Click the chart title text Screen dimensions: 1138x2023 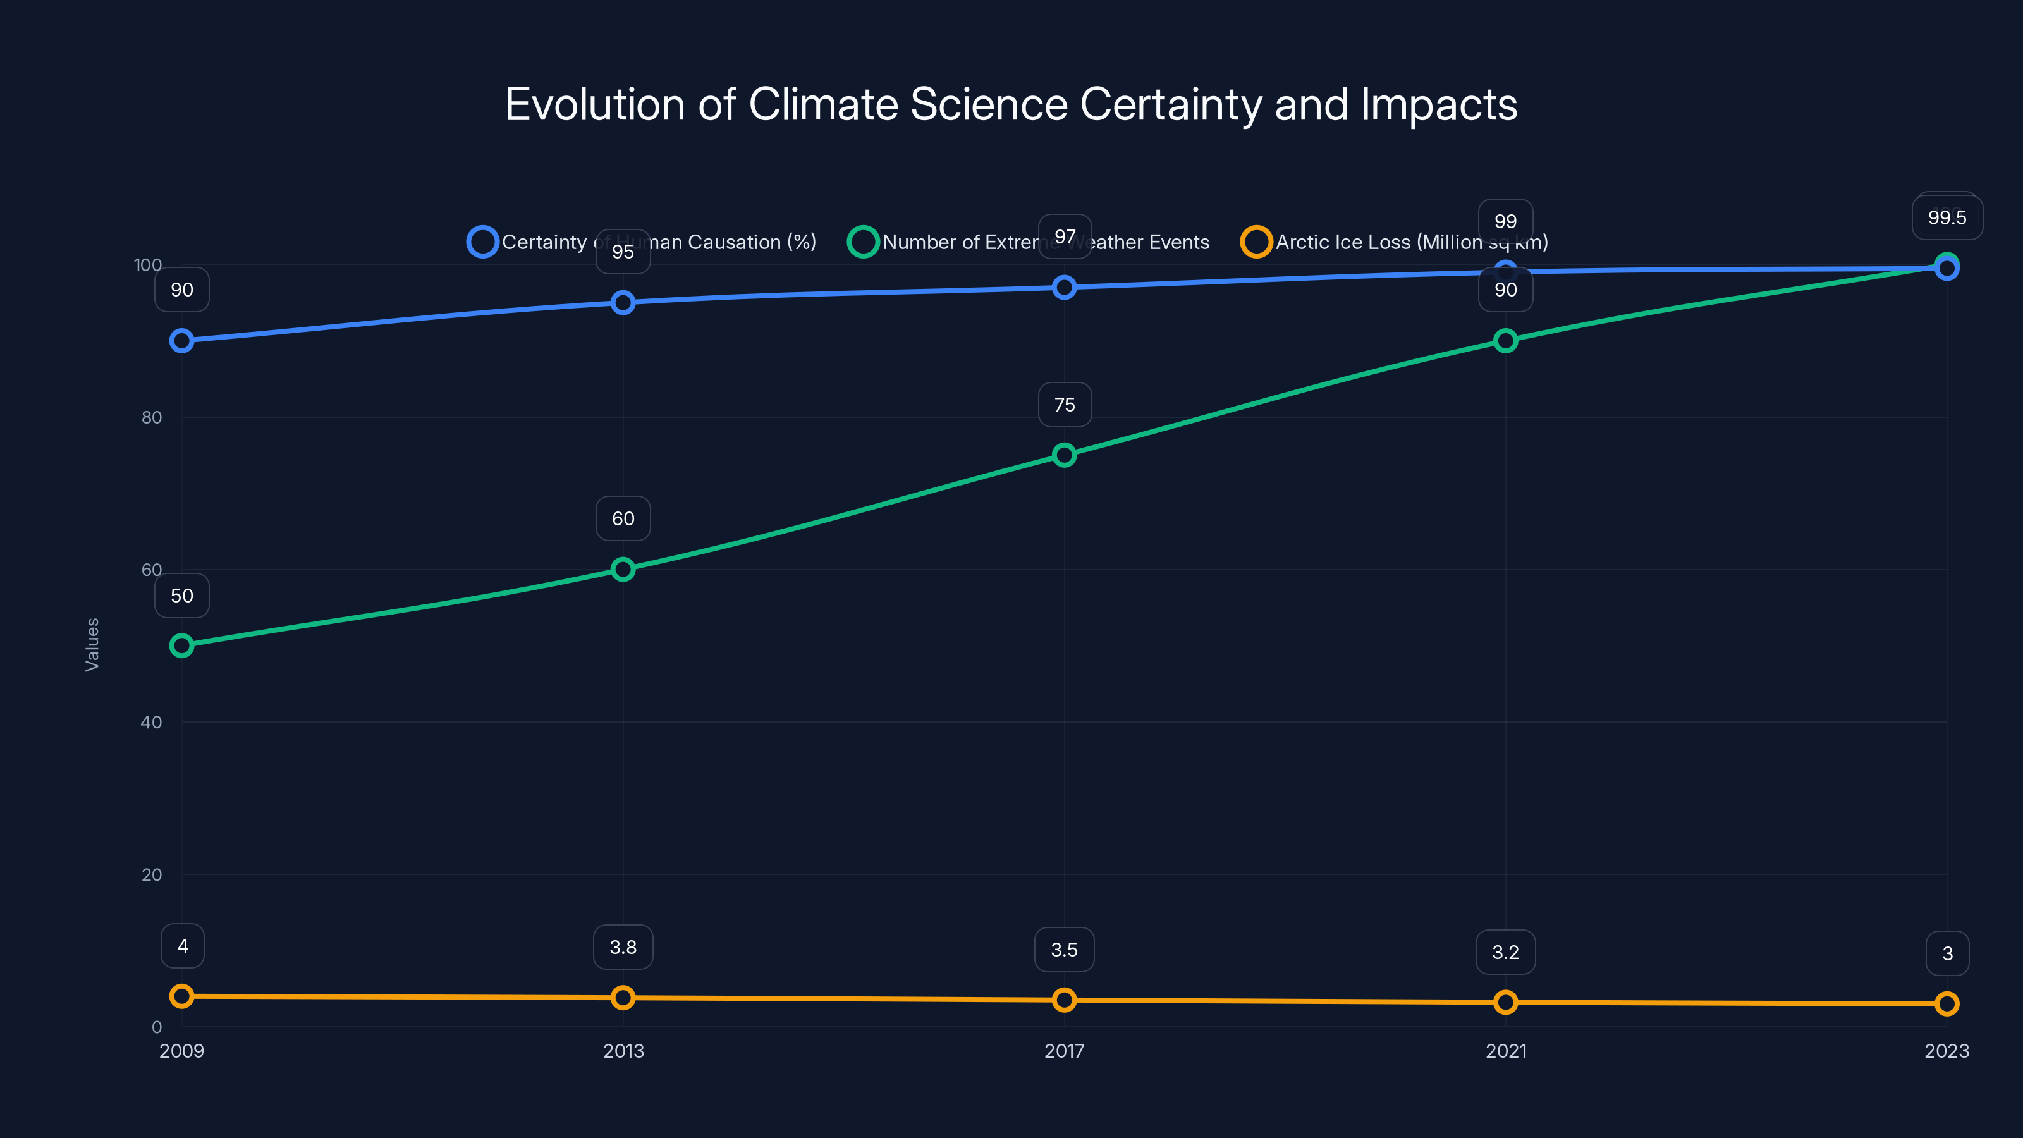(x=1011, y=104)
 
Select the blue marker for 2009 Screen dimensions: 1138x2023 (x=181, y=341)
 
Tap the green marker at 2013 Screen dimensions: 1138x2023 (x=623, y=570)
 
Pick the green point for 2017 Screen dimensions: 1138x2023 (x=1064, y=455)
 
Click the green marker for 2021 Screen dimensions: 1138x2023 (x=1505, y=341)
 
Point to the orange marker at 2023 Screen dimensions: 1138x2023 (x=1947, y=1004)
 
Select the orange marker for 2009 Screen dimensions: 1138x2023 (x=181, y=996)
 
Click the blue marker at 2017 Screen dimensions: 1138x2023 (x=1064, y=288)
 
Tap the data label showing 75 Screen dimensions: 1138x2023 (x=1064, y=405)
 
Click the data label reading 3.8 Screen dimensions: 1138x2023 (x=623, y=947)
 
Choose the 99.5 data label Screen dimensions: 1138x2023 (x=1947, y=217)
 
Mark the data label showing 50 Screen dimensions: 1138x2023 (x=181, y=596)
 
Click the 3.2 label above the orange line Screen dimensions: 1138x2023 (x=1505, y=952)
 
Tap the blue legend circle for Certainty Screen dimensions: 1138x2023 (x=482, y=242)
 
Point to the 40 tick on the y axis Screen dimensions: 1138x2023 (x=151, y=722)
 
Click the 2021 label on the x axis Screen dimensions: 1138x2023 (x=1505, y=1051)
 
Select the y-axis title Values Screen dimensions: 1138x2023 (x=92, y=644)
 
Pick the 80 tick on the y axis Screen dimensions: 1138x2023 (x=151, y=417)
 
